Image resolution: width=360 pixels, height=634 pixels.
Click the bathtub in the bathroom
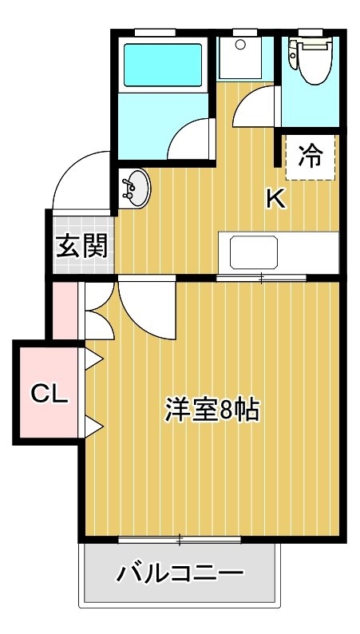click(163, 65)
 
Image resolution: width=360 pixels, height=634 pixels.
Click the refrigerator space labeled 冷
click(311, 157)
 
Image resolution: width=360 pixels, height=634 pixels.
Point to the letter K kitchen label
click(276, 199)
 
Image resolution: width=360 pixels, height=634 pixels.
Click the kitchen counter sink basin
click(254, 252)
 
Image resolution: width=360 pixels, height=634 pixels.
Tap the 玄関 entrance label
click(82, 245)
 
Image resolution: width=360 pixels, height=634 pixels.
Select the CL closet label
click(49, 393)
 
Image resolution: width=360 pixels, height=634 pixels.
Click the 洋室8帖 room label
click(212, 410)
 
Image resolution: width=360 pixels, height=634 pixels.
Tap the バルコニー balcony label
click(180, 573)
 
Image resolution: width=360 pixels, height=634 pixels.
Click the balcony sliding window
click(180, 540)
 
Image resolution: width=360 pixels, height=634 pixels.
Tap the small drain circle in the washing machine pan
click(240, 45)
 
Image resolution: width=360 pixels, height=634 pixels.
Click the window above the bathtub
click(155, 32)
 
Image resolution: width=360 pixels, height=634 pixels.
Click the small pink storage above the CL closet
click(65, 311)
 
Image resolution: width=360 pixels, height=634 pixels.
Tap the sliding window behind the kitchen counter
click(261, 278)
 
